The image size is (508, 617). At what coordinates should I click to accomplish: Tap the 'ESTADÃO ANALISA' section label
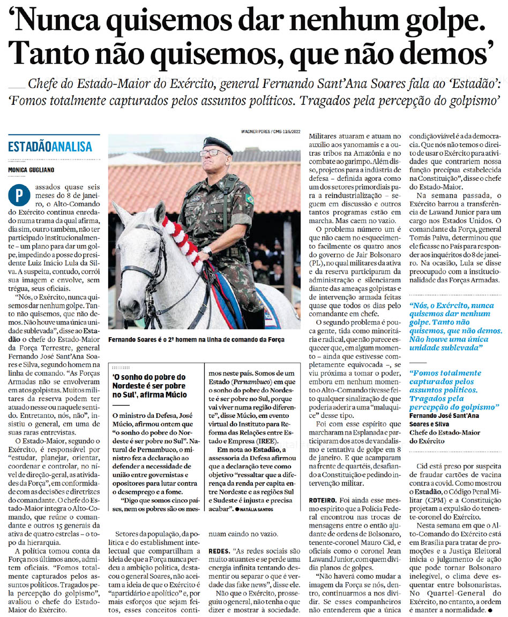[x=50, y=147]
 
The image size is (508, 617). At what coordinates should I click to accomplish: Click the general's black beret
[x=218, y=143]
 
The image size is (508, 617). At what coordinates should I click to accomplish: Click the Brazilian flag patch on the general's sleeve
[x=249, y=199]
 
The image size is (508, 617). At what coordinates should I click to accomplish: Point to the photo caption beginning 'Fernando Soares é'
[x=196, y=340]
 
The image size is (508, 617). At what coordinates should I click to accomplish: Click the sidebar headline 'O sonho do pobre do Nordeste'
[x=149, y=385]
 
